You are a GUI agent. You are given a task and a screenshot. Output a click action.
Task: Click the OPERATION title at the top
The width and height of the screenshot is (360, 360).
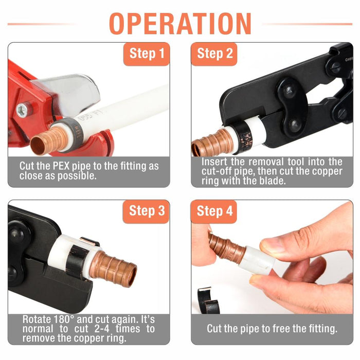point(180,24)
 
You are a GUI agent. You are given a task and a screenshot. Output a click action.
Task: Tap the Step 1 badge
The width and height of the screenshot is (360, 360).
point(147,54)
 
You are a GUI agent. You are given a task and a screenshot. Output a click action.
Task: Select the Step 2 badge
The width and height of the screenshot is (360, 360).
point(214,54)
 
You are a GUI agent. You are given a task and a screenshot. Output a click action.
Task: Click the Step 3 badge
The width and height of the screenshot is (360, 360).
point(146,211)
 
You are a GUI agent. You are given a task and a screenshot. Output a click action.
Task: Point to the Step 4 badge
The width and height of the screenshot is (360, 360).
point(214,211)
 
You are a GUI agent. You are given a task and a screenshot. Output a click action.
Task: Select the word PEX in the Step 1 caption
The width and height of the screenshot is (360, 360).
point(61,166)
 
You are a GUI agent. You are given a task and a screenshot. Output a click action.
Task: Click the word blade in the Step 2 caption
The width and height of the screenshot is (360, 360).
point(273,181)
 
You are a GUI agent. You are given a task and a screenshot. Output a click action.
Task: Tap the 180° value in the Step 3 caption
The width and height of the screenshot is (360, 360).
point(64,319)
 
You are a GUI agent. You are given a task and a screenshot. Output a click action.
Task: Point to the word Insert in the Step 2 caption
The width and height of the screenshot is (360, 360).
point(214,162)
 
